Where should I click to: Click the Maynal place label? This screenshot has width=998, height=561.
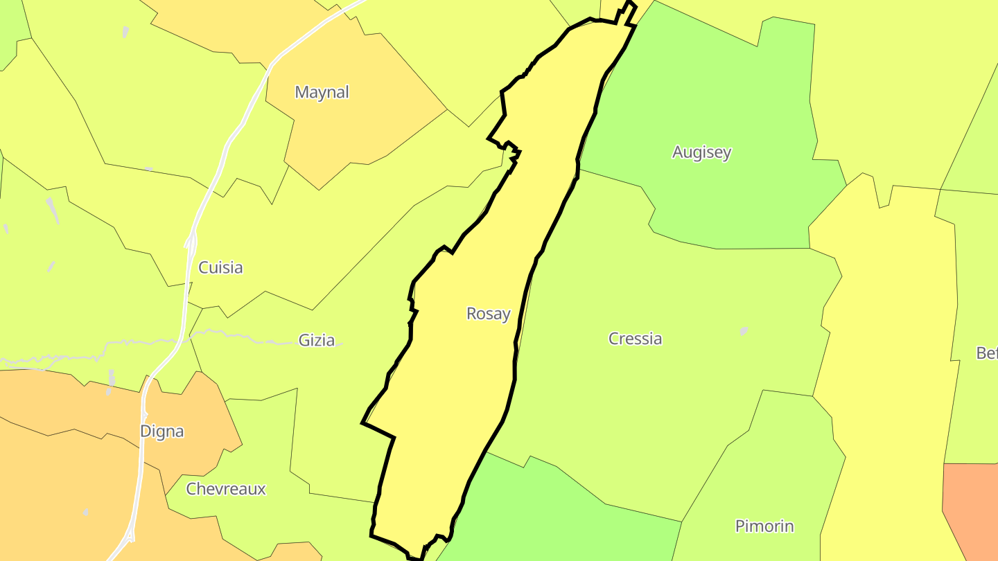pyautogui.click(x=322, y=92)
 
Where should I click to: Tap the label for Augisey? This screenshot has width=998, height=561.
pyautogui.click(x=701, y=152)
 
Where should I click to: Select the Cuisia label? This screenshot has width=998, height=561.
pyautogui.click(x=220, y=267)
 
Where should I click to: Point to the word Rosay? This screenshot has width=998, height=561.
pyautogui.click(x=488, y=314)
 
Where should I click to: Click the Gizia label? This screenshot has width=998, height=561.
pyautogui.click(x=316, y=340)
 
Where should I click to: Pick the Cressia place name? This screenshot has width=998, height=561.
pyautogui.click(x=635, y=339)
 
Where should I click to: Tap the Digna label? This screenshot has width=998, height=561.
pyautogui.click(x=162, y=431)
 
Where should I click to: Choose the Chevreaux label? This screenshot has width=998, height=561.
pyautogui.click(x=226, y=489)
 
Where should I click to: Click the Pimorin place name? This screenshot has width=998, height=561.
pyautogui.click(x=764, y=526)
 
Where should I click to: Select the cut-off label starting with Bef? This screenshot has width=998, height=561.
pyautogui.click(x=986, y=353)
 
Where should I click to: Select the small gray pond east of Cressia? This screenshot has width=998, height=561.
pyautogui.click(x=744, y=331)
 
